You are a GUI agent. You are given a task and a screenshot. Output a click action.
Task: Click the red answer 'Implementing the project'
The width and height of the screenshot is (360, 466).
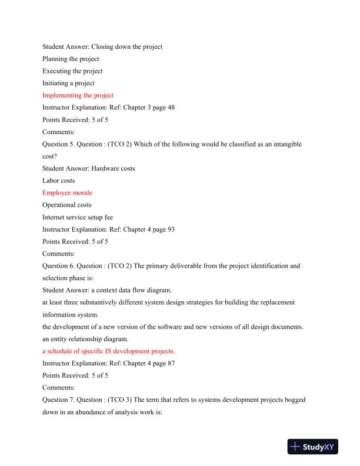pos(78,95)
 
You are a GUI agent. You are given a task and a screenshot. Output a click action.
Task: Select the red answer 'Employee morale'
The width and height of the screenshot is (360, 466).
pos(67,192)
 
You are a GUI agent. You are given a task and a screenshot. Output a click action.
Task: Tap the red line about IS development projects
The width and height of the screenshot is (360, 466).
pos(109,351)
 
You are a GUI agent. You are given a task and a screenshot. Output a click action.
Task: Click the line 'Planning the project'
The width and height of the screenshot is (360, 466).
pos(71,59)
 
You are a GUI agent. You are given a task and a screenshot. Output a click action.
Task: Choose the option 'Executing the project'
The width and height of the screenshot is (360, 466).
pos(72,71)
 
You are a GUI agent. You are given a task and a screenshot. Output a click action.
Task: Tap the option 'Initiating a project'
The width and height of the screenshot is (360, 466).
pos(68,83)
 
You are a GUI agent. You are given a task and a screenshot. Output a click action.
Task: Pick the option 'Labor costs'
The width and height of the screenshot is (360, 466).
pos(59,181)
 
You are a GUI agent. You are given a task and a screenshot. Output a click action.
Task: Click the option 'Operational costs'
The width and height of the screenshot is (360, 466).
pos(67,205)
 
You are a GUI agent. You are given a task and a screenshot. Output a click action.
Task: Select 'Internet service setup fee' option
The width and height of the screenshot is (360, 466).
pos(78,217)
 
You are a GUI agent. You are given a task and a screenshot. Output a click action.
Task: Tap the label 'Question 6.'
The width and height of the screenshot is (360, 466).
pos(58,266)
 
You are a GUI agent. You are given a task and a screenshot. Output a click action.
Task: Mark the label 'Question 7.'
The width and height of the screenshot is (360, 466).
pos(58,400)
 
